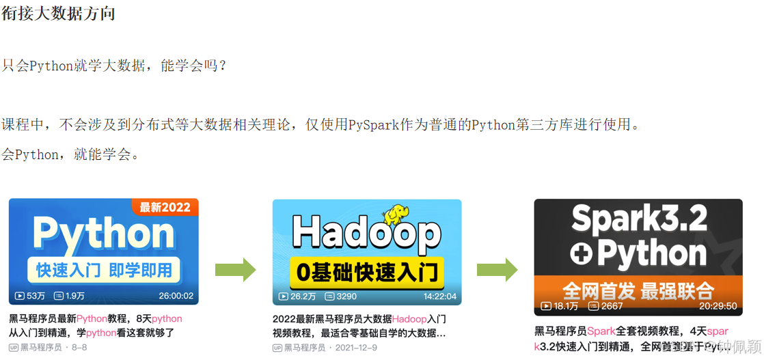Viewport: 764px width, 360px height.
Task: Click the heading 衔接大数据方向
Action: point(58,13)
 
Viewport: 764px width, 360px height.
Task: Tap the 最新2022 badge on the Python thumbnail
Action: point(165,207)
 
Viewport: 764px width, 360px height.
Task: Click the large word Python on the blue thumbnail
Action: point(103,234)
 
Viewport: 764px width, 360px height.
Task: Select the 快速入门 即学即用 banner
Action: point(104,270)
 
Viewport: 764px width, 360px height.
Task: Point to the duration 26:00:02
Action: point(176,296)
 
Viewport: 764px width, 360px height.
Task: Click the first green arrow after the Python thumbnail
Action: point(235,270)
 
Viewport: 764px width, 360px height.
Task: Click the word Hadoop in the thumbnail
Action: point(366,234)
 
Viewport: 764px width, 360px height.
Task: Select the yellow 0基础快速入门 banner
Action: point(366,273)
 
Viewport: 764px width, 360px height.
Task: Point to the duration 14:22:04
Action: point(439,296)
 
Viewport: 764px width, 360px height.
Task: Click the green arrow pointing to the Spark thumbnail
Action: point(497,270)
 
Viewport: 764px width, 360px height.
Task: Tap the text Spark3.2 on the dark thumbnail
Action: point(639,219)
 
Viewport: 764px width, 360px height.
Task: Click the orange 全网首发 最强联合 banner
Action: point(638,290)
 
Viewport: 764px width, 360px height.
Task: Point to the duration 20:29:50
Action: point(717,306)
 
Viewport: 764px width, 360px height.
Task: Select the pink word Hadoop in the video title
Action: point(409,319)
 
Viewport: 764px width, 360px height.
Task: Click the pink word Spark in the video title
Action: point(601,331)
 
